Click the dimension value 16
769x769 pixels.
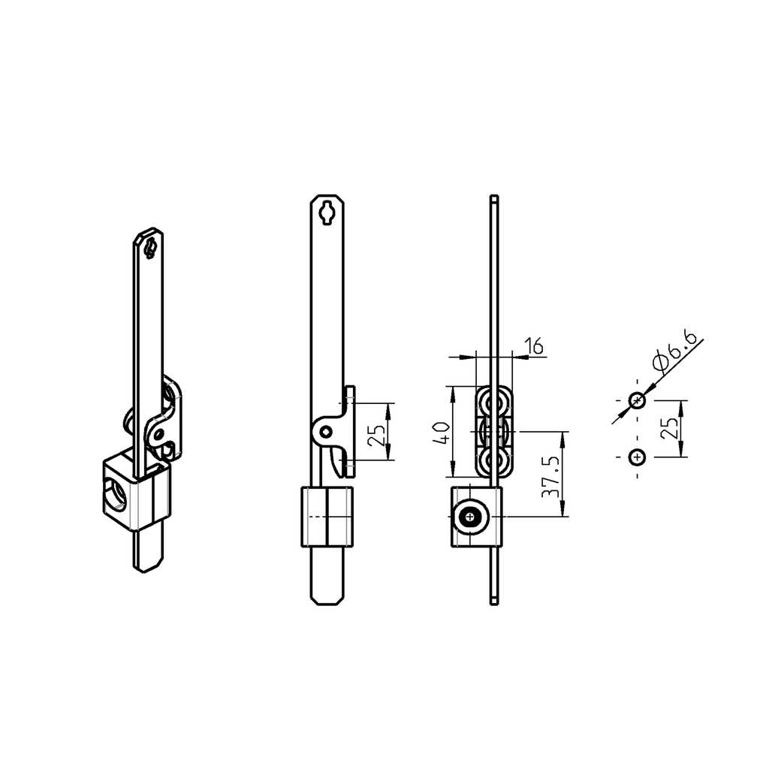click(534, 346)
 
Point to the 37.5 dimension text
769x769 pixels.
click(552, 475)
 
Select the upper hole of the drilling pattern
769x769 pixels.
click(637, 400)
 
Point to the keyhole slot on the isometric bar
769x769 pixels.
click(150, 248)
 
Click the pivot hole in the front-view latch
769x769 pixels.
click(325, 431)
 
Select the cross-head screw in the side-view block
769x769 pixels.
click(471, 517)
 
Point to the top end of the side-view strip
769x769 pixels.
click(493, 199)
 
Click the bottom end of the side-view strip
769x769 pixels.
click(493, 600)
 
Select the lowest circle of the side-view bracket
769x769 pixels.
click(494, 460)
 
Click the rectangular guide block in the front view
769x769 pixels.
click(327, 517)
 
